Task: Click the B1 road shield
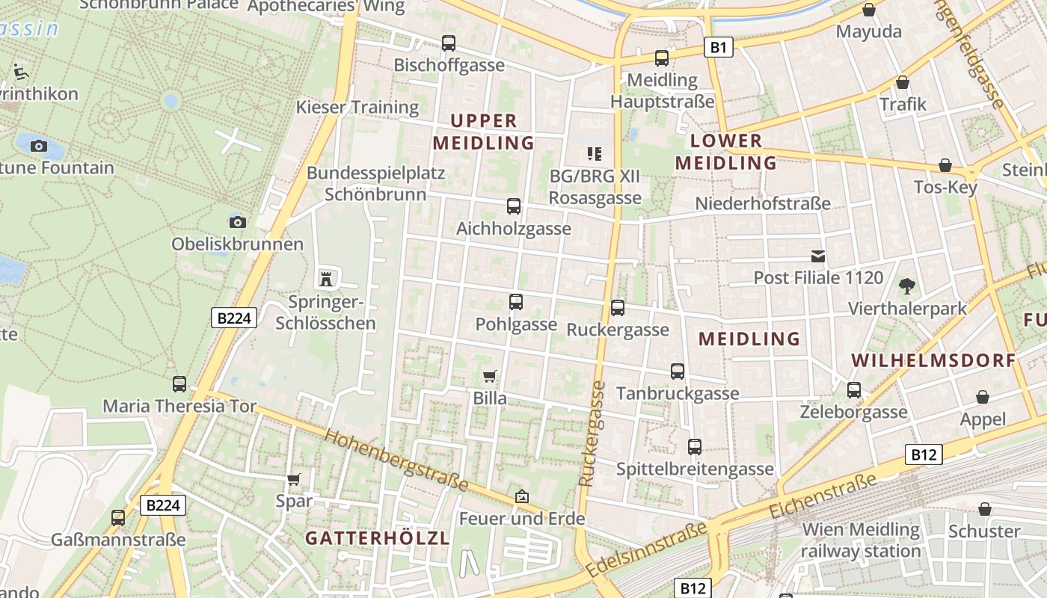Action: coord(718,48)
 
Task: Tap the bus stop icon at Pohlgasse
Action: coord(516,302)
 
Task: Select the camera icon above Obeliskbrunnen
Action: coord(238,222)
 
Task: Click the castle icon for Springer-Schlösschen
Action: coord(326,279)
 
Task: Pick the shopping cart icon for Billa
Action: coord(490,376)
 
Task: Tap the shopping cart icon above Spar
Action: coord(294,479)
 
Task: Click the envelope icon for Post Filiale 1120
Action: coord(818,256)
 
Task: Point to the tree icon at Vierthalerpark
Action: coord(906,286)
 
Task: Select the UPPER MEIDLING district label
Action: coord(483,132)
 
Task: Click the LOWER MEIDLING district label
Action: coord(726,152)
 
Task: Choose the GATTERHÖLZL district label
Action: coord(377,538)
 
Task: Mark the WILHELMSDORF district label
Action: coord(933,360)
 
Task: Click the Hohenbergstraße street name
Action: coord(397,460)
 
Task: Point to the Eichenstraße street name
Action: coord(823,496)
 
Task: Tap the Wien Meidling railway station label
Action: coord(861,540)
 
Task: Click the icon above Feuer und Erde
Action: coord(522,496)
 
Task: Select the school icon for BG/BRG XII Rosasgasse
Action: coord(595,154)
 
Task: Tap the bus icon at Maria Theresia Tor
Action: coord(179,384)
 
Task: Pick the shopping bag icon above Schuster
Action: coord(985,509)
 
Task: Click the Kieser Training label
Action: coord(357,107)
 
